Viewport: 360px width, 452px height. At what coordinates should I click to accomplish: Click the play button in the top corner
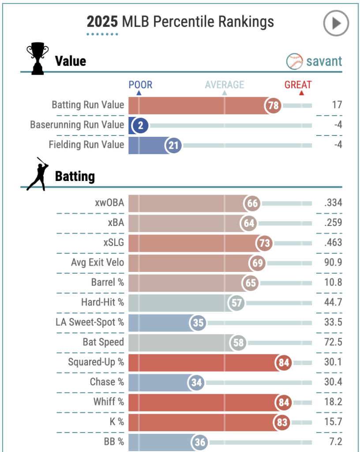(336, 23)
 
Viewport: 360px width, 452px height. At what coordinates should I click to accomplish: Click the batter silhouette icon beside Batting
(36, 174)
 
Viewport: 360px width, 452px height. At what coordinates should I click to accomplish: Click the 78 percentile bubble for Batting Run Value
(273, 105)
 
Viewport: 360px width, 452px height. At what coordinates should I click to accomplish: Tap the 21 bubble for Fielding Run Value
(174, 145)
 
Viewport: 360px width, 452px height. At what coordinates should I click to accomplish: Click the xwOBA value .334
(333, 203)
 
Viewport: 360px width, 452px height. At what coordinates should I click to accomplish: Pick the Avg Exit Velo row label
(97, 263)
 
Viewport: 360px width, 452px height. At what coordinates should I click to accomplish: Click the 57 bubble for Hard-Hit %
(236, 303)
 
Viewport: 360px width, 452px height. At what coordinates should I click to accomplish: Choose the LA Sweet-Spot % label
(90, 322)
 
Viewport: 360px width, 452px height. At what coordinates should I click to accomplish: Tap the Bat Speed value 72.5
(333, 342)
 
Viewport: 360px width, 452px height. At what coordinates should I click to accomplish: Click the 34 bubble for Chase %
(196, 382)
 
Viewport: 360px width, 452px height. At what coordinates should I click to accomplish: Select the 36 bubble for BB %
(200, 442)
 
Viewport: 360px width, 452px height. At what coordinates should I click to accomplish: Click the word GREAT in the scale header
(298, 85)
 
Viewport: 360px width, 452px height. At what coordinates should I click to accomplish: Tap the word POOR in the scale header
(140, 85)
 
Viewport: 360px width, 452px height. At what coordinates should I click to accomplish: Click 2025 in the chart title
(102, 22)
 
